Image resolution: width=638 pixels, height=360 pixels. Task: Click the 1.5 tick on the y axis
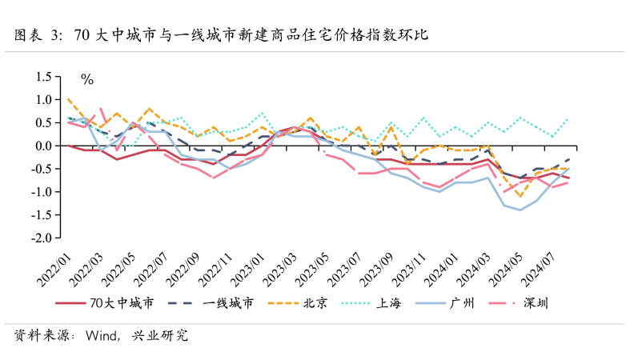(x=41, y=77)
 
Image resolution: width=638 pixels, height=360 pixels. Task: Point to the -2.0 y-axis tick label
(x=39, y=238)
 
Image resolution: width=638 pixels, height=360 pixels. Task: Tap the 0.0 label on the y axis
(x=41, y=146)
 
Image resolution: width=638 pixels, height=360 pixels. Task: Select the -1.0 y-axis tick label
(x=39, y=192)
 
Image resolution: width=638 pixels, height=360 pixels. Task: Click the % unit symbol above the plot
(x=87, y=79)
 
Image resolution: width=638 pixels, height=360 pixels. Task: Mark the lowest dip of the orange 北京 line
(x=520, y=196)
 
